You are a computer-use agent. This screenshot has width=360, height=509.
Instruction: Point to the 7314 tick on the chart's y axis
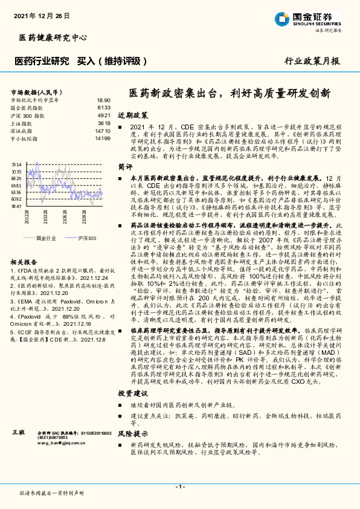[16, 164]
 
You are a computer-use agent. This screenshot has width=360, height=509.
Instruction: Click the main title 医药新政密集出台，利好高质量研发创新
[230, 93]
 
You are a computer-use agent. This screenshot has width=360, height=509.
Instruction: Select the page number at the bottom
[179, 487]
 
